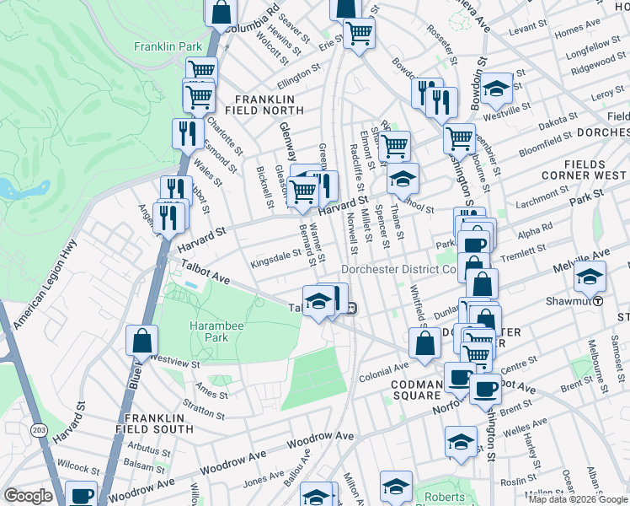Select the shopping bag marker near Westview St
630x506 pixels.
click(x=142, y=341)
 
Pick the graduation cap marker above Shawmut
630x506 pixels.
click(x=590, y=275)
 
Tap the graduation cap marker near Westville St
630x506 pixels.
click(x=497, y=88)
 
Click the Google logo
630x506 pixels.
click(x=29, y=496)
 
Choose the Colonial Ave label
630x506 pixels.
click(x=383, y=369)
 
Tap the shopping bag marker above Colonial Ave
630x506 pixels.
click(x=424, y=342)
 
